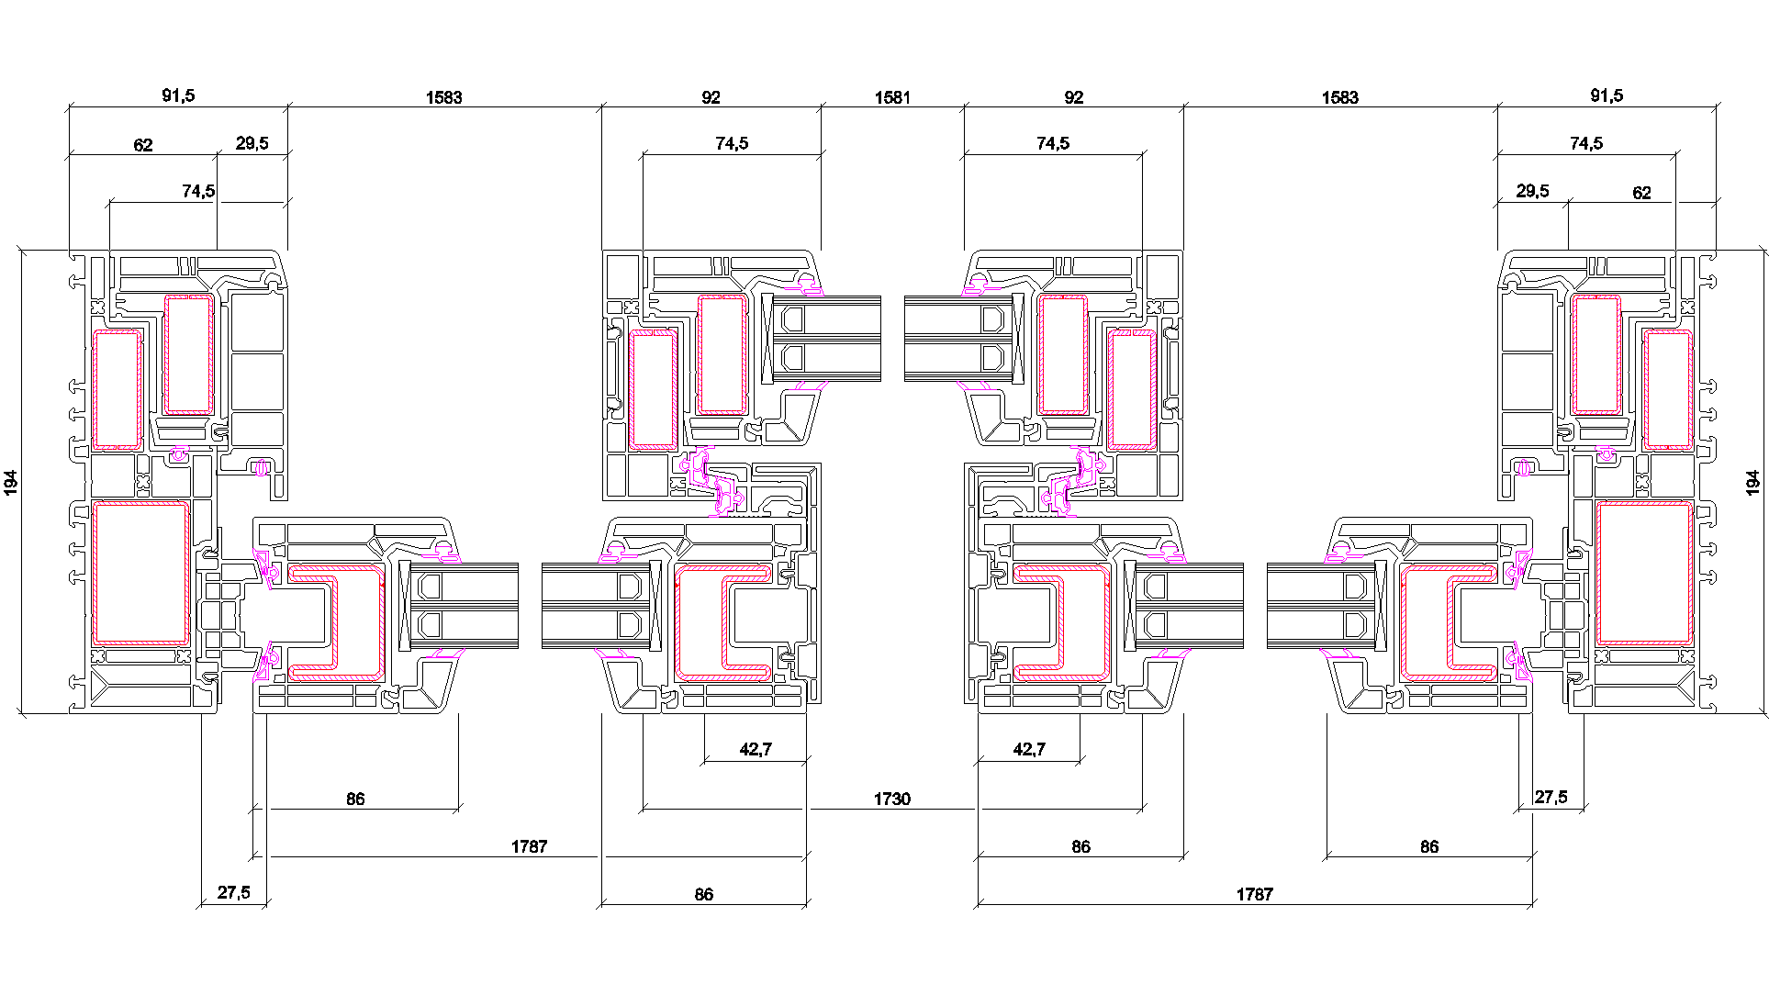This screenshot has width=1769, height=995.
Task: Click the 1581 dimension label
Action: [891, 97]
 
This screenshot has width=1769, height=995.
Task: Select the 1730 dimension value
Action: [891, 799]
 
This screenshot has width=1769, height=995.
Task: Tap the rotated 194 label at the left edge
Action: [11, 482]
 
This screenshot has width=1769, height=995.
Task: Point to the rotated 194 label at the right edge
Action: [1752, 483]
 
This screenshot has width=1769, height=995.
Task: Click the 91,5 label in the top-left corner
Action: [178, 95]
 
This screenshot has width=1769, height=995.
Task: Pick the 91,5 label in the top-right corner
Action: [1606, 95]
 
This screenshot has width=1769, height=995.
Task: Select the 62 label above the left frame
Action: [143, 145]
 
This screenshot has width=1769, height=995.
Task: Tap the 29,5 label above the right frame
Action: [1532, 191]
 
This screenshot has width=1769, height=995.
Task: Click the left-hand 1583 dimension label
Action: [443, 97]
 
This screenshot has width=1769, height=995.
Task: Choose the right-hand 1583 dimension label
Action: [1339, 97]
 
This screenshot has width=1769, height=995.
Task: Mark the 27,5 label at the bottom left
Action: [233, 892]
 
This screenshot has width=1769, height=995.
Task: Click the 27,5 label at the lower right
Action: [1551, 797]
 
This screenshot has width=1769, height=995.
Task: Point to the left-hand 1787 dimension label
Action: [529, 846]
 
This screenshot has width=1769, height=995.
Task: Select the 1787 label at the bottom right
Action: [1254, 894]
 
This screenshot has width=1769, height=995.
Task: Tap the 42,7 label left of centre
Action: [756, 749]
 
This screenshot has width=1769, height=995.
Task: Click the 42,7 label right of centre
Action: [1029, 749]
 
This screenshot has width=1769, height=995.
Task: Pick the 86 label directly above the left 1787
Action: [355, 799]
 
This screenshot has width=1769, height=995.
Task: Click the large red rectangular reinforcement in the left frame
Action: [140, 573]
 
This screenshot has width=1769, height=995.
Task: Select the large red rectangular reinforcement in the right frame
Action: [1643, 573]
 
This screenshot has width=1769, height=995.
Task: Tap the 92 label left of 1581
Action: [711, 97]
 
